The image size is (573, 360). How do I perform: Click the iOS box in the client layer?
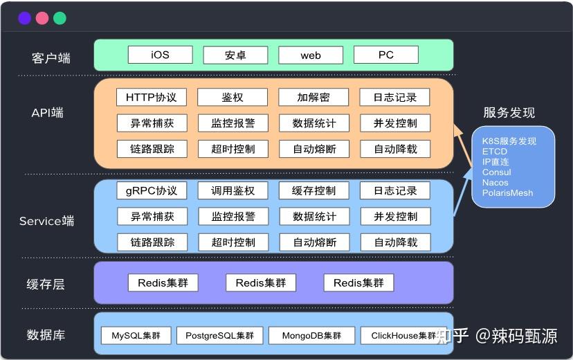[160, 55]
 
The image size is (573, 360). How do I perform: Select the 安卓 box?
[235, 55]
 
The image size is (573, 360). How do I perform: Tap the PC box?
[385, 55]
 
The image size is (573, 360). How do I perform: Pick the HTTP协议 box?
[152, 98]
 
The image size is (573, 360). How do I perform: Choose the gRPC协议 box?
[152, 190]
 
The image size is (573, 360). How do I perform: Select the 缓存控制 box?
[313, 190]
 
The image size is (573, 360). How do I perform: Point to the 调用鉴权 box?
[233, 190]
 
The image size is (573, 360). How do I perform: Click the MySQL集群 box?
[136, 336]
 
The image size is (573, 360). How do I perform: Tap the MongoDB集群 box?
[311, 336]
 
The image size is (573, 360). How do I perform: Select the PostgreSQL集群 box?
[219, 336]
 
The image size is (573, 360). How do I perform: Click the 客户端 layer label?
[51, 58]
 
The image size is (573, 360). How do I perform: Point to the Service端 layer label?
[46, 222]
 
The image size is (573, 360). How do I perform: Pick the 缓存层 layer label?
[46, 284]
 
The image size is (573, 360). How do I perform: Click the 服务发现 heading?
[509, 113]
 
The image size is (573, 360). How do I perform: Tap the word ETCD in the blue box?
[495, 152]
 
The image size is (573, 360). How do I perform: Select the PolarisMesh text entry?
[507, 193]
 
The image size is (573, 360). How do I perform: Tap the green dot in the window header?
[60, 19]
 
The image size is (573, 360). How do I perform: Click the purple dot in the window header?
[25, 19]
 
